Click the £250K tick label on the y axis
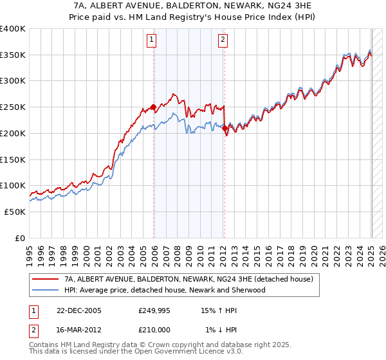click(12, 107)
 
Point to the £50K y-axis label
click(15, 212)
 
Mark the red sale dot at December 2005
click(153, 107)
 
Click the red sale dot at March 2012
click(225, 128)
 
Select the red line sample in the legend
click(45, 279)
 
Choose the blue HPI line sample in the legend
click(45, 290)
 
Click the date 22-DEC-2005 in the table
click(78, 310)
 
